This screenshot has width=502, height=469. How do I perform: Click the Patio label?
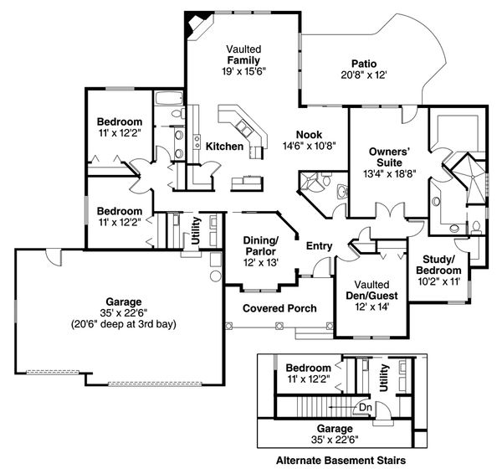pos(364,64)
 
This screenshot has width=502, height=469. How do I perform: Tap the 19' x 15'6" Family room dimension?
pos(244,71)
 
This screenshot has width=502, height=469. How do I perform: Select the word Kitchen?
pos(224,147)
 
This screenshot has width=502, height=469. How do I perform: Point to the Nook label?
pos(309,134)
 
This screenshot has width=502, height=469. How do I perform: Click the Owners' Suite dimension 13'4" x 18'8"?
pos(390,173)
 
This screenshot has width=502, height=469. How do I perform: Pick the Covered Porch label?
pos(279,308)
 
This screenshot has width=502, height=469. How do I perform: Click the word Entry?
pos(320,246)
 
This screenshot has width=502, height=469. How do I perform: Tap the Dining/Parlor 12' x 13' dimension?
pos(261,263)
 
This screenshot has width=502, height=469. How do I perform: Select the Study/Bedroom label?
pos(438,265)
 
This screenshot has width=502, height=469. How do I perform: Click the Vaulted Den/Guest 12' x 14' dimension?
pos(372,307)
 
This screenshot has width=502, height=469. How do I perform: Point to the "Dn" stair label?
pos(366,408)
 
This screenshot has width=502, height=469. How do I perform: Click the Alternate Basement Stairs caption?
pos(341,461)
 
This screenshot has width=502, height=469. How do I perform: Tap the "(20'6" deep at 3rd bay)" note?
pos(124,324)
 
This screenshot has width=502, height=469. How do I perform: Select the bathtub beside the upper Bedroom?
pos(168,98)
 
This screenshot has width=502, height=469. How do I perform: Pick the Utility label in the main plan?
pos(195,231)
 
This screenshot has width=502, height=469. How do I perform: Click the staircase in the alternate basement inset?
pos(326,407)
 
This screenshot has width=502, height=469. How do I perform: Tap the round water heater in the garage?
pos(216,276)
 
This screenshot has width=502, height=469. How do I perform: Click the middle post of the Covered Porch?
pos(279,326)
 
